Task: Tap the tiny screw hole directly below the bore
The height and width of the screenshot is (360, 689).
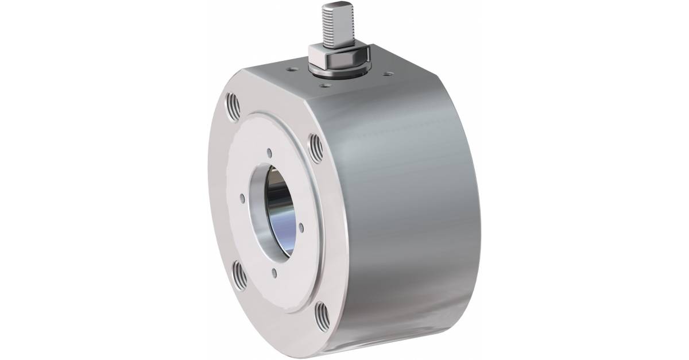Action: coord(275,273)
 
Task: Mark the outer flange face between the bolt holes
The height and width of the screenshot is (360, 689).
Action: coord(220,189)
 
